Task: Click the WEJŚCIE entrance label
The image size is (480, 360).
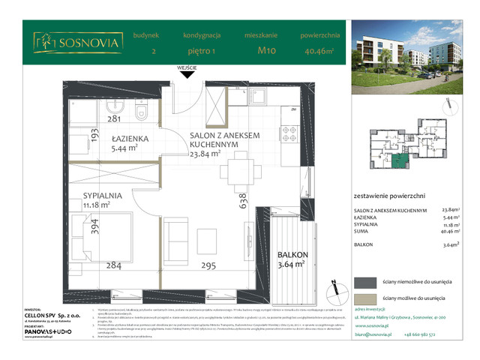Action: pos(187,67)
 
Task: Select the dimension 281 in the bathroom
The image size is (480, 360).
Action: pos(114,118)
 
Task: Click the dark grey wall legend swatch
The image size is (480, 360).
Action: pos(367,282)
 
